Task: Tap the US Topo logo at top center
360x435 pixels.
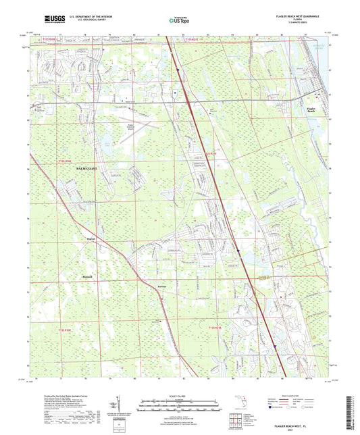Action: (x=179, y=22)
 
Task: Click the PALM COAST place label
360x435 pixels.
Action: (x=86, y=168)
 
